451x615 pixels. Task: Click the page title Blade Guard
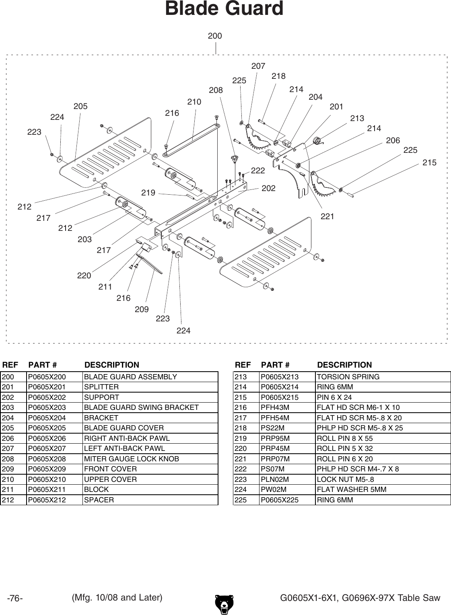click(x=224, y=9)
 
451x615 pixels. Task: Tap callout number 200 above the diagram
click(x=215, y=36)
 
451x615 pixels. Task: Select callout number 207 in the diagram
click(x=258, y=66)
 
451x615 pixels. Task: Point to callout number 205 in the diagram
click(x=80, y=107)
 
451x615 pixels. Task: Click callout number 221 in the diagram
click(x=327, y=217)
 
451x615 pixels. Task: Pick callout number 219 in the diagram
click(x=148, y=193)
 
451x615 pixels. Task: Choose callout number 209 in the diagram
click(x=142, y=309)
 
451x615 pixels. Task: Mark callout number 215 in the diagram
click(x=429, y=163)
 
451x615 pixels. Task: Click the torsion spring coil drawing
click(x=317, y=141)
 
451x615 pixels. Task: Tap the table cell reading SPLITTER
click(x=101, y=387)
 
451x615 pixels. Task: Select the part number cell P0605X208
click(x=47, y=459)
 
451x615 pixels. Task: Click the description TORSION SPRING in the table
click(x=348, y=377)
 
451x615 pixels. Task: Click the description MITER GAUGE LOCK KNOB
click(x=132, y=459)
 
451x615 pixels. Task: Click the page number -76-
click(x=15, y=599)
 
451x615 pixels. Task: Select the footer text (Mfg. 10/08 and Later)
click(x=117, y=598)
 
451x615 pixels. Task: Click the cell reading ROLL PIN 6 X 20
click(x=345, y=459)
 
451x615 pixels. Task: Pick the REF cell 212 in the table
click(x=8, y=500)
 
